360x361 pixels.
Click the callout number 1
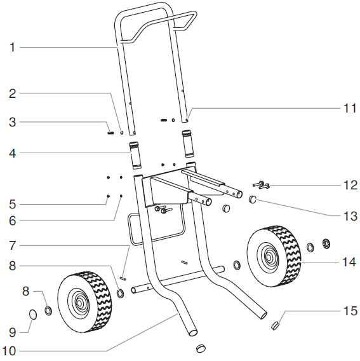[12, 47]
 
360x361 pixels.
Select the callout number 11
[349, 108]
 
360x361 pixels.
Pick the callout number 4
[12, 153]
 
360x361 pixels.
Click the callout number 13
[350, 216]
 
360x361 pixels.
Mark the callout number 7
[12, 244]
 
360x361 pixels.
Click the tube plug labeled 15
[276, 326]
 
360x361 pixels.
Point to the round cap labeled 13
[252, 200]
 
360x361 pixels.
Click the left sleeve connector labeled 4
[135, 156]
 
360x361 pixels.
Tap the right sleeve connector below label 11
[189, 143]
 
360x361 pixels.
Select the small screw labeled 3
[110, 133]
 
